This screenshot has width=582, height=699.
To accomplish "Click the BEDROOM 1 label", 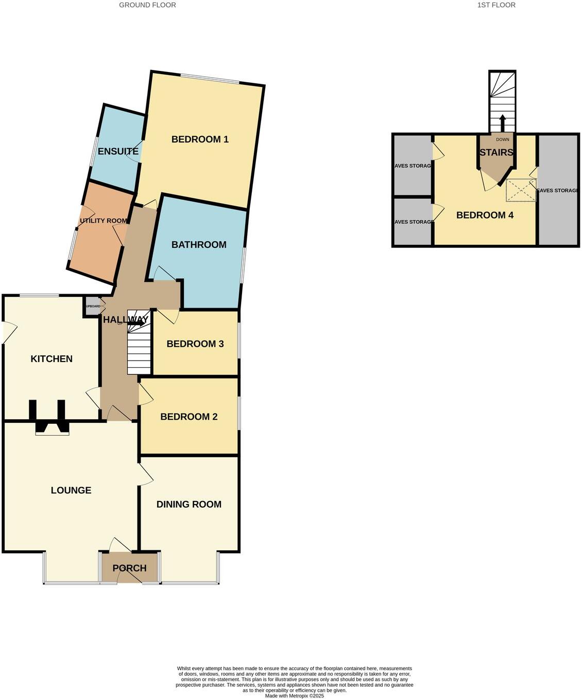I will tap(200, 139).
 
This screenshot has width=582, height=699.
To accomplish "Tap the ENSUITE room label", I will tap(118, 151).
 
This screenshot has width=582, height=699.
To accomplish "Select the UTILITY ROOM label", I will tap(103, 221).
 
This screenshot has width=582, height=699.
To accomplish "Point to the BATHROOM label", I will tap(199, 245).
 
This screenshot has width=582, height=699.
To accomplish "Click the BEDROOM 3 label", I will tap(195, 344).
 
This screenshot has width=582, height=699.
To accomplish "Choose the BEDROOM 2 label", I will tap(189, 417).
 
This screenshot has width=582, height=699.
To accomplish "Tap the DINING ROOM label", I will tap(189, 505).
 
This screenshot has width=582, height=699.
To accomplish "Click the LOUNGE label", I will tap(71, 491).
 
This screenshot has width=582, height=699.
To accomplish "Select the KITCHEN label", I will tap(52, 359).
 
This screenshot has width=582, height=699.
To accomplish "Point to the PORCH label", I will tap(130, 568).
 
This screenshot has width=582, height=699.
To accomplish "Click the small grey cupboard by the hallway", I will tap(93, 306).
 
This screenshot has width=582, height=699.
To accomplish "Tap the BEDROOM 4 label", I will tap(485, 216).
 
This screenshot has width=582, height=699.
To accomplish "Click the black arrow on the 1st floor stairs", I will tap(502, 123).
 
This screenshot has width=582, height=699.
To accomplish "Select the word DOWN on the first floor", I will tap(503, 139).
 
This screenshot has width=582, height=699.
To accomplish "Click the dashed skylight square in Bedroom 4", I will tap(521, 190).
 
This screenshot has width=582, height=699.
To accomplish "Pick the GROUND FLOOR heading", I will tap(147, 5).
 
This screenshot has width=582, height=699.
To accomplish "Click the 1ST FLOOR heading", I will tap(497, 5).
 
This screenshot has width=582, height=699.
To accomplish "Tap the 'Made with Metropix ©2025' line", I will tap(295, 696).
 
